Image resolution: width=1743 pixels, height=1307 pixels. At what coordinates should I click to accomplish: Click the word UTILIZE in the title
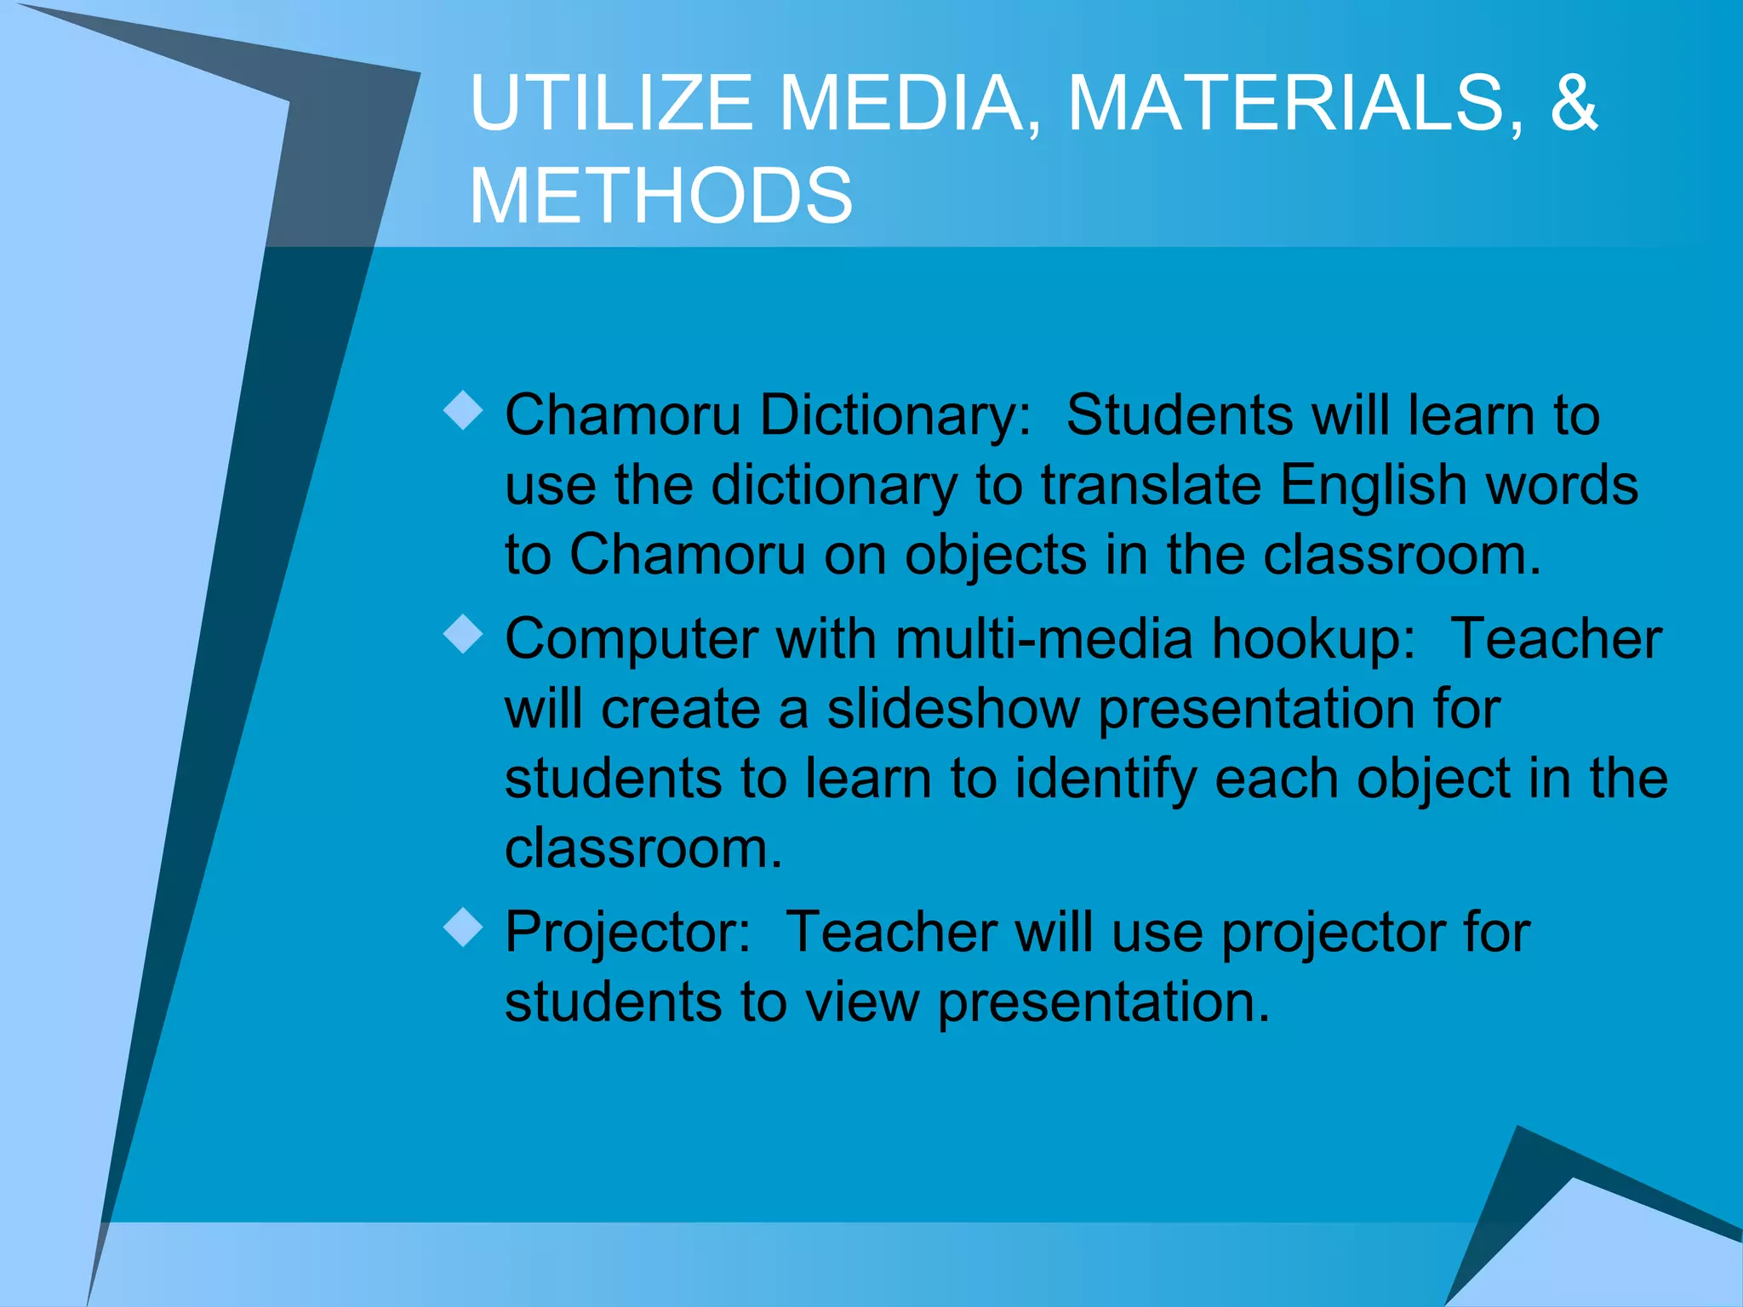click(611, 103)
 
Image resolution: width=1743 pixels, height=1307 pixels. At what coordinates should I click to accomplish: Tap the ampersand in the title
click(1574, 103)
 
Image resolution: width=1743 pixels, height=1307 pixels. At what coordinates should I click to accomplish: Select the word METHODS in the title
click(660, 196)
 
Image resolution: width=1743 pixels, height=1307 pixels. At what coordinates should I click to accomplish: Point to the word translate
click(1151, 485)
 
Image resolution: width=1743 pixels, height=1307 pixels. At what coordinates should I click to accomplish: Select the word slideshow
click(953, 709)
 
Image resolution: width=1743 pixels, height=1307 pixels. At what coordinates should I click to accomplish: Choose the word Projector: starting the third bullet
click(627, 933)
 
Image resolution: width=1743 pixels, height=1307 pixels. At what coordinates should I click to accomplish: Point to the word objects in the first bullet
click(995, 556)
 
